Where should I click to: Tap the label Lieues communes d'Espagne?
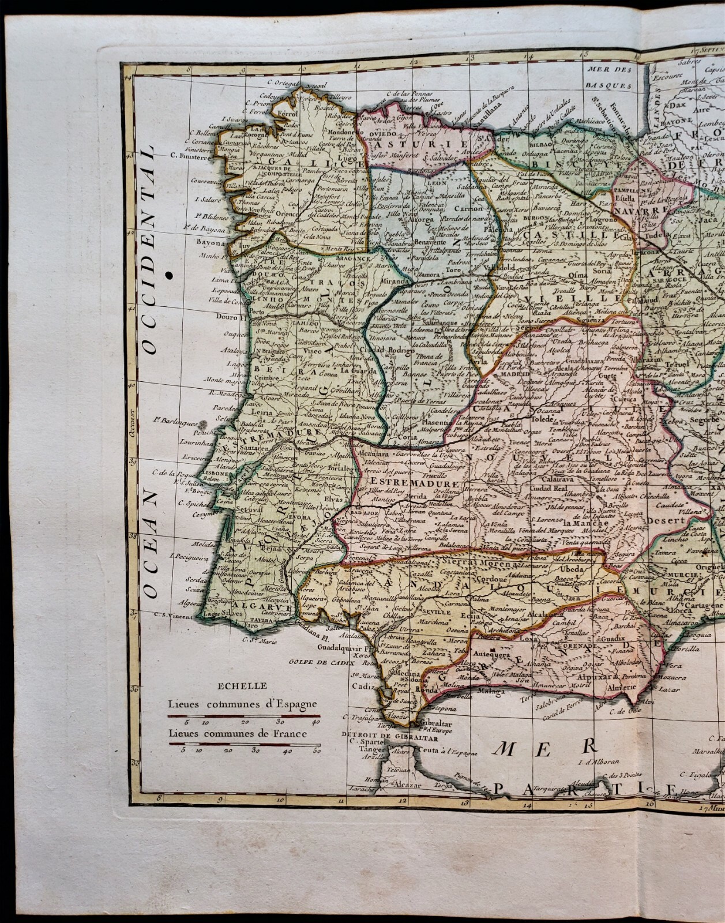point(242,704)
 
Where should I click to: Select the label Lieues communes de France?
point(237,734)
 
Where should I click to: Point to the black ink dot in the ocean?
point(169,276)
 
